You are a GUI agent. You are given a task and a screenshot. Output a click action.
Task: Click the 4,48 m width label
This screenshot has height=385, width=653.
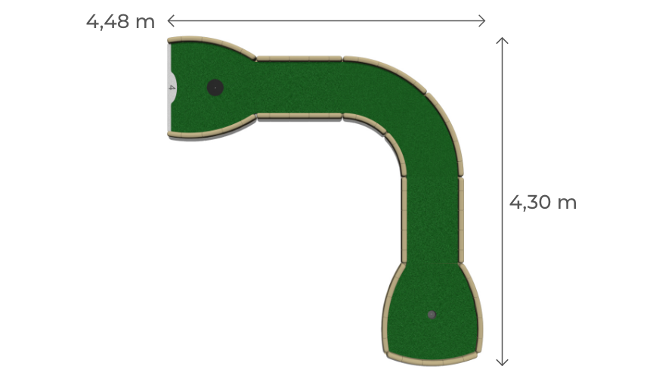pos(120,21)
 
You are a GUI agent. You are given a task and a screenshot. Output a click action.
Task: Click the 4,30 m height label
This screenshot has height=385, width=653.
pos(543,202)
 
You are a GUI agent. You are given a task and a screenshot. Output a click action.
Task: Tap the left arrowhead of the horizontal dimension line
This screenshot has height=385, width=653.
pos(170,20)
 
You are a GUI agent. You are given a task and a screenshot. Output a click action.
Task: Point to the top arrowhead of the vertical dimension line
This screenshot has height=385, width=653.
pos(503,40)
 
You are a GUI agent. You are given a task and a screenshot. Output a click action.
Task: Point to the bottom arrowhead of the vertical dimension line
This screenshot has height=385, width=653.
pos(503,362)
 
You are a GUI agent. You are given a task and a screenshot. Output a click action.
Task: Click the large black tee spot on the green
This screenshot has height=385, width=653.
pos(215,88)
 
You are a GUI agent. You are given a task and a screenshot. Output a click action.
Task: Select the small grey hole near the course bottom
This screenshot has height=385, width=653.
pos(432,315)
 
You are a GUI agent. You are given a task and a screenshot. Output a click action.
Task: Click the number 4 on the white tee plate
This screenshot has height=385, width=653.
pos(172,88)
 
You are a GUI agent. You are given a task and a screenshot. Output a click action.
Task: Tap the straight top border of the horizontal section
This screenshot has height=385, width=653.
pos(299,58)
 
